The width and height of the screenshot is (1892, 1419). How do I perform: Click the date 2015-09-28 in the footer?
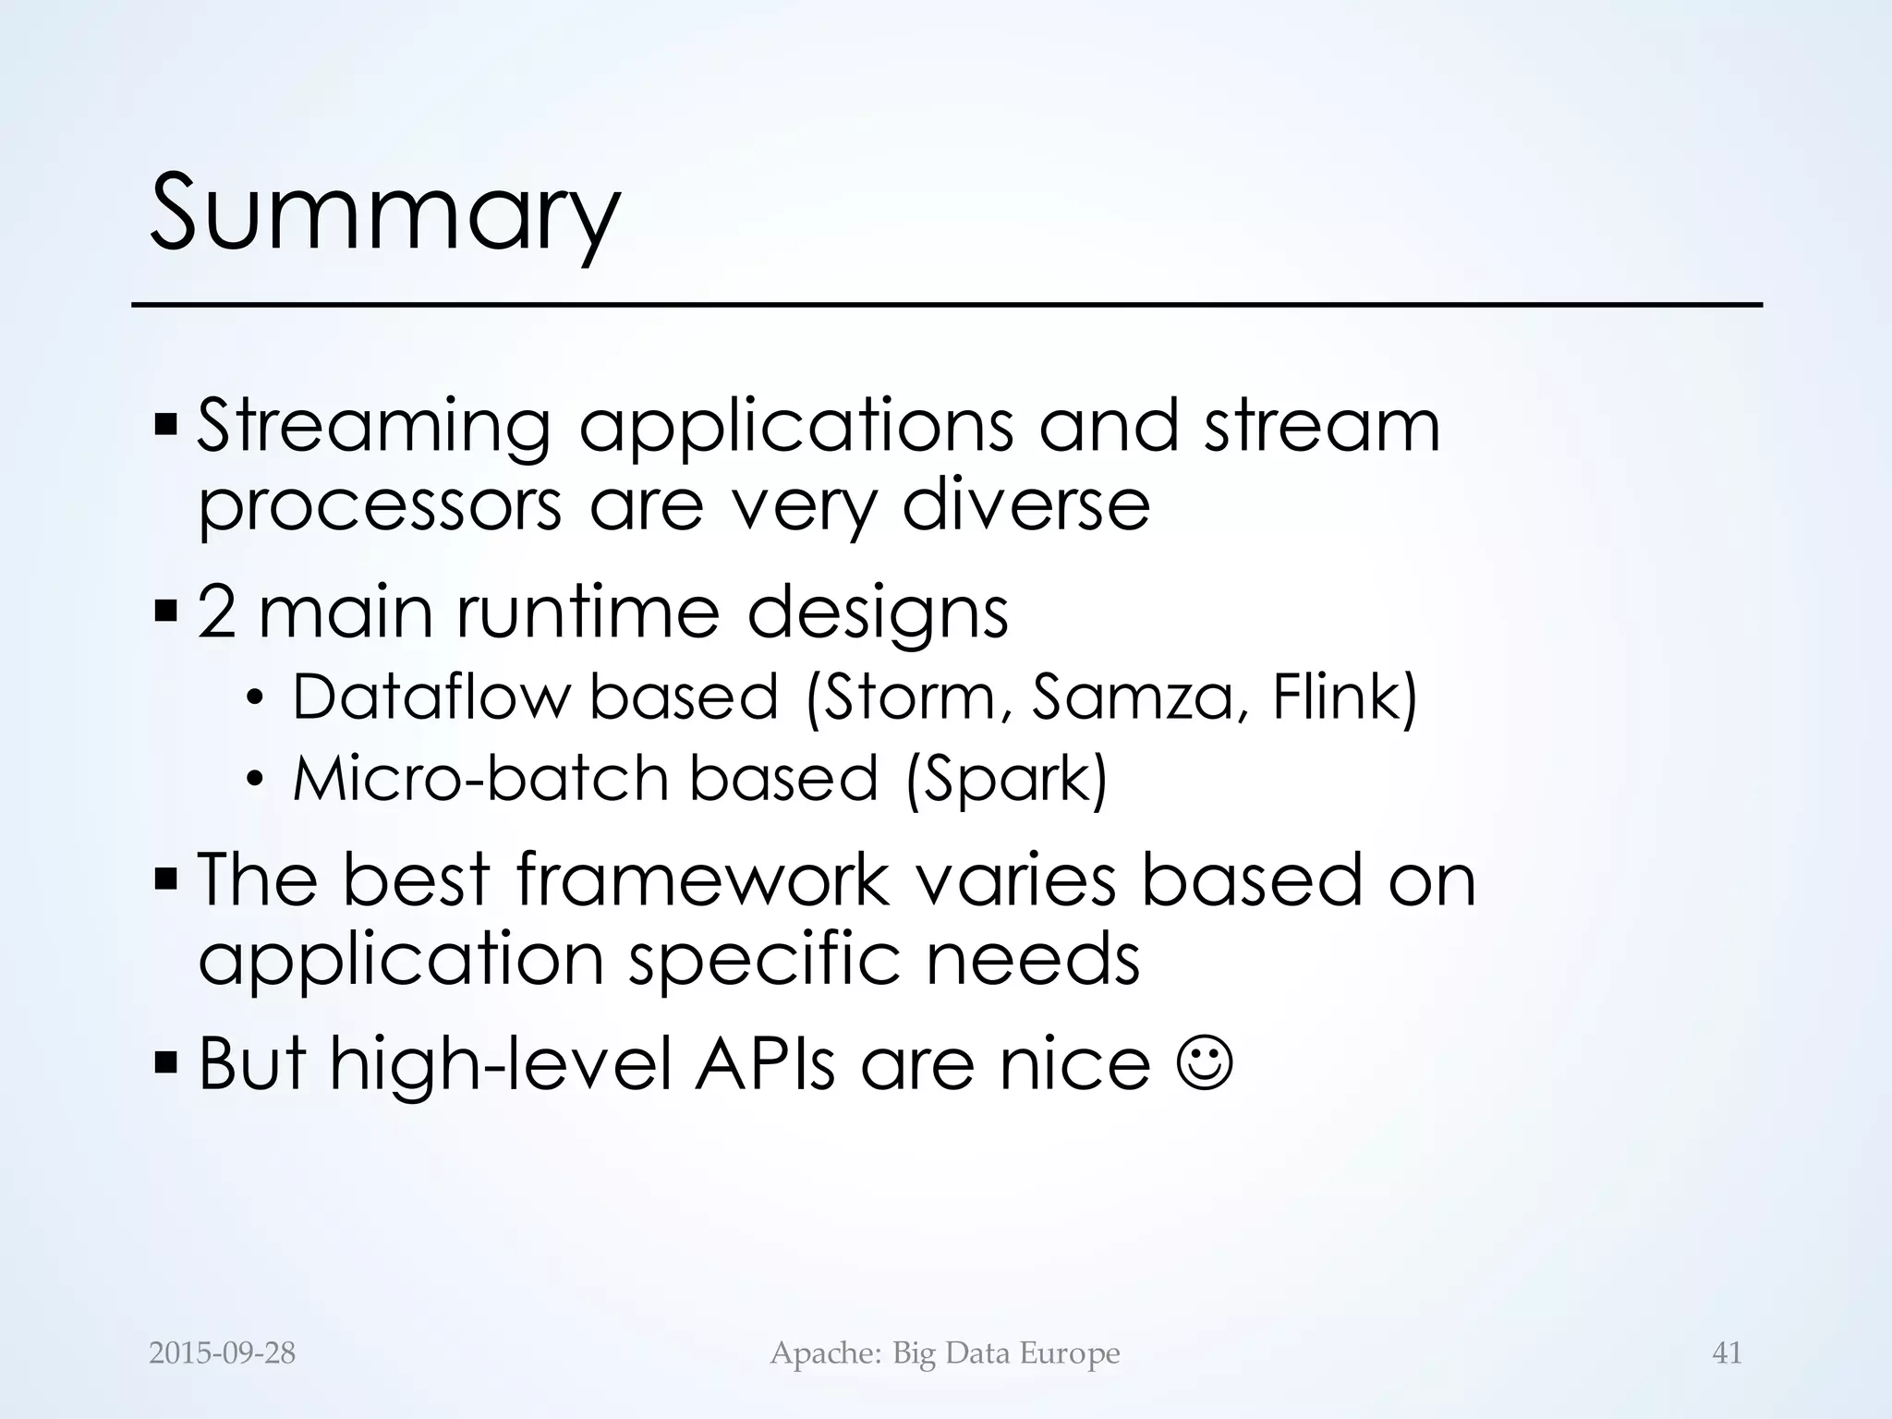click(x=222, y=1353)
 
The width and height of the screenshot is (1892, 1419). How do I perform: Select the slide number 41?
click(x=1727, y=1353)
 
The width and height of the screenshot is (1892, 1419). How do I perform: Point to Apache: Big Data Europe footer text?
click(x=944, y=1353)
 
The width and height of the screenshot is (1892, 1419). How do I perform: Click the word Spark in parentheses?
click(x=1007, y=779)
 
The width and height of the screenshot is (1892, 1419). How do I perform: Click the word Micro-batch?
click(x=480, y=779)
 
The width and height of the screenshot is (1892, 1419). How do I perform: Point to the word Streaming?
click(x=373, y=428)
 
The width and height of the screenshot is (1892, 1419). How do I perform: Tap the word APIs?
click(x=766, y=1064)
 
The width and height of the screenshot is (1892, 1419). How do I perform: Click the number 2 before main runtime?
click(x=216, y=612)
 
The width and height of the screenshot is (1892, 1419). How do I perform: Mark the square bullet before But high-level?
click(x=166, y=1063)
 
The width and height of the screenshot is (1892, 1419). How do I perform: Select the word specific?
click(x=764, y=960)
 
